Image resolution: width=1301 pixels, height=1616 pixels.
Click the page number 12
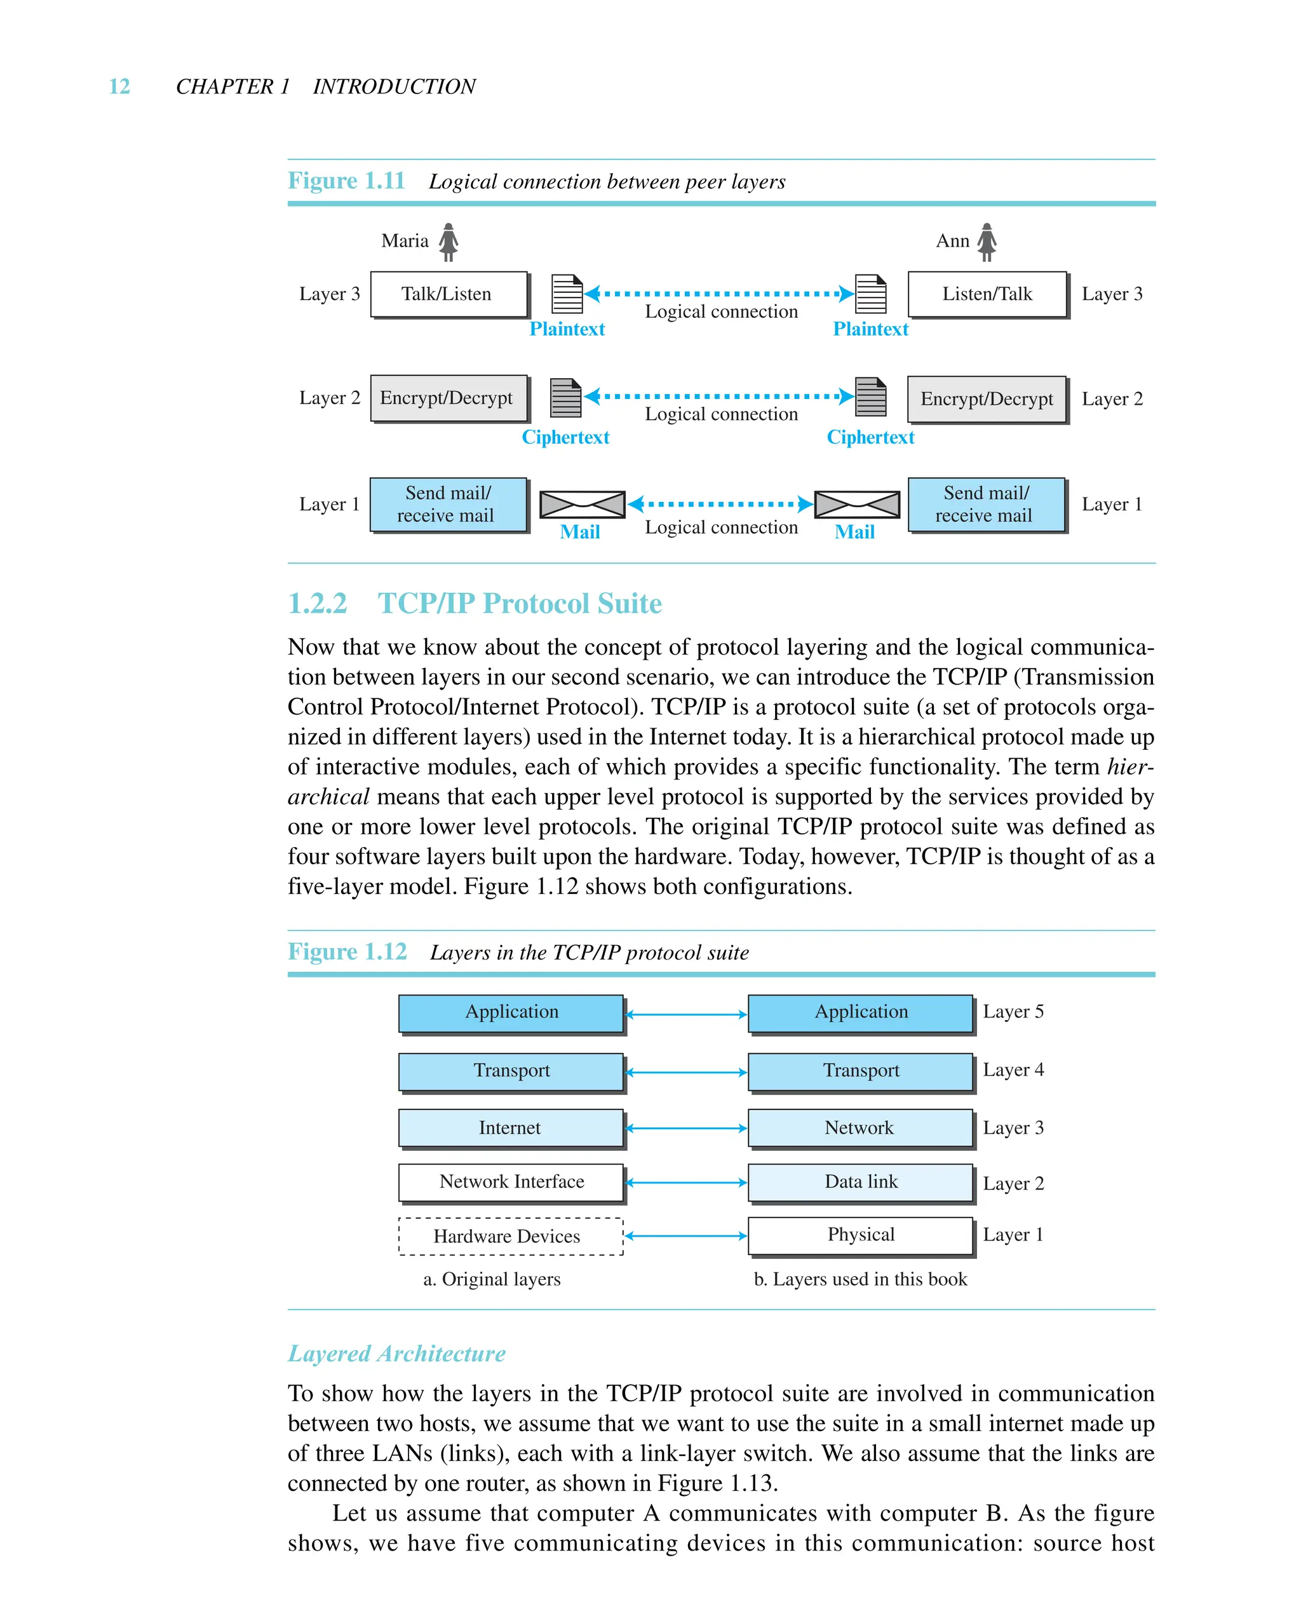(119, 87)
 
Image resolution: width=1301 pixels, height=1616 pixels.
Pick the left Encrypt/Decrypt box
(448, 398)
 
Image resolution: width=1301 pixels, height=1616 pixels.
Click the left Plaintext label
(567, 329)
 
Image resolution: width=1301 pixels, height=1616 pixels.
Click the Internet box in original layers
(510, 1127)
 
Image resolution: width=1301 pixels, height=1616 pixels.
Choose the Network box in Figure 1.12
(859, 1127)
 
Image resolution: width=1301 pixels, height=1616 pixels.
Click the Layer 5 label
(1013, 1012)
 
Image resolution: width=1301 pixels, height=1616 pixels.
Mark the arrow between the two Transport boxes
(685, 1073)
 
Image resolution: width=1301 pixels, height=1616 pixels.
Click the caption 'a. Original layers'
(492, 1279)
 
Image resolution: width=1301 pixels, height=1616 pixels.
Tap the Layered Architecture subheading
(396, 1354)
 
